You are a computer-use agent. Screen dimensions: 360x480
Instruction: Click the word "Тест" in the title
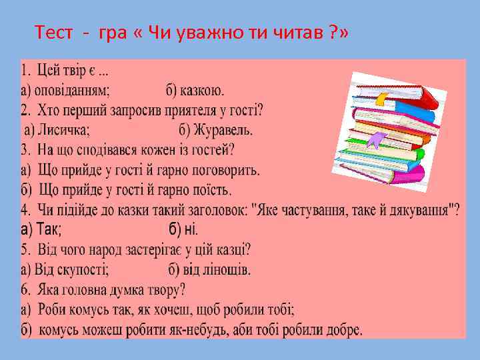coord(51,32)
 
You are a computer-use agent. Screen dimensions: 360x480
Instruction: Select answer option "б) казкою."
coord(196,89)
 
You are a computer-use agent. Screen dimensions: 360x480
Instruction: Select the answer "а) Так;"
coord(41,230)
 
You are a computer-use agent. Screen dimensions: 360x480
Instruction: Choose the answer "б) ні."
coord(183,230)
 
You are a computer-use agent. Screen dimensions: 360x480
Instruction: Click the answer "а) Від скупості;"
coord(65,270)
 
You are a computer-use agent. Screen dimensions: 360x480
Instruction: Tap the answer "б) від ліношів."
coord(209,270)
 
